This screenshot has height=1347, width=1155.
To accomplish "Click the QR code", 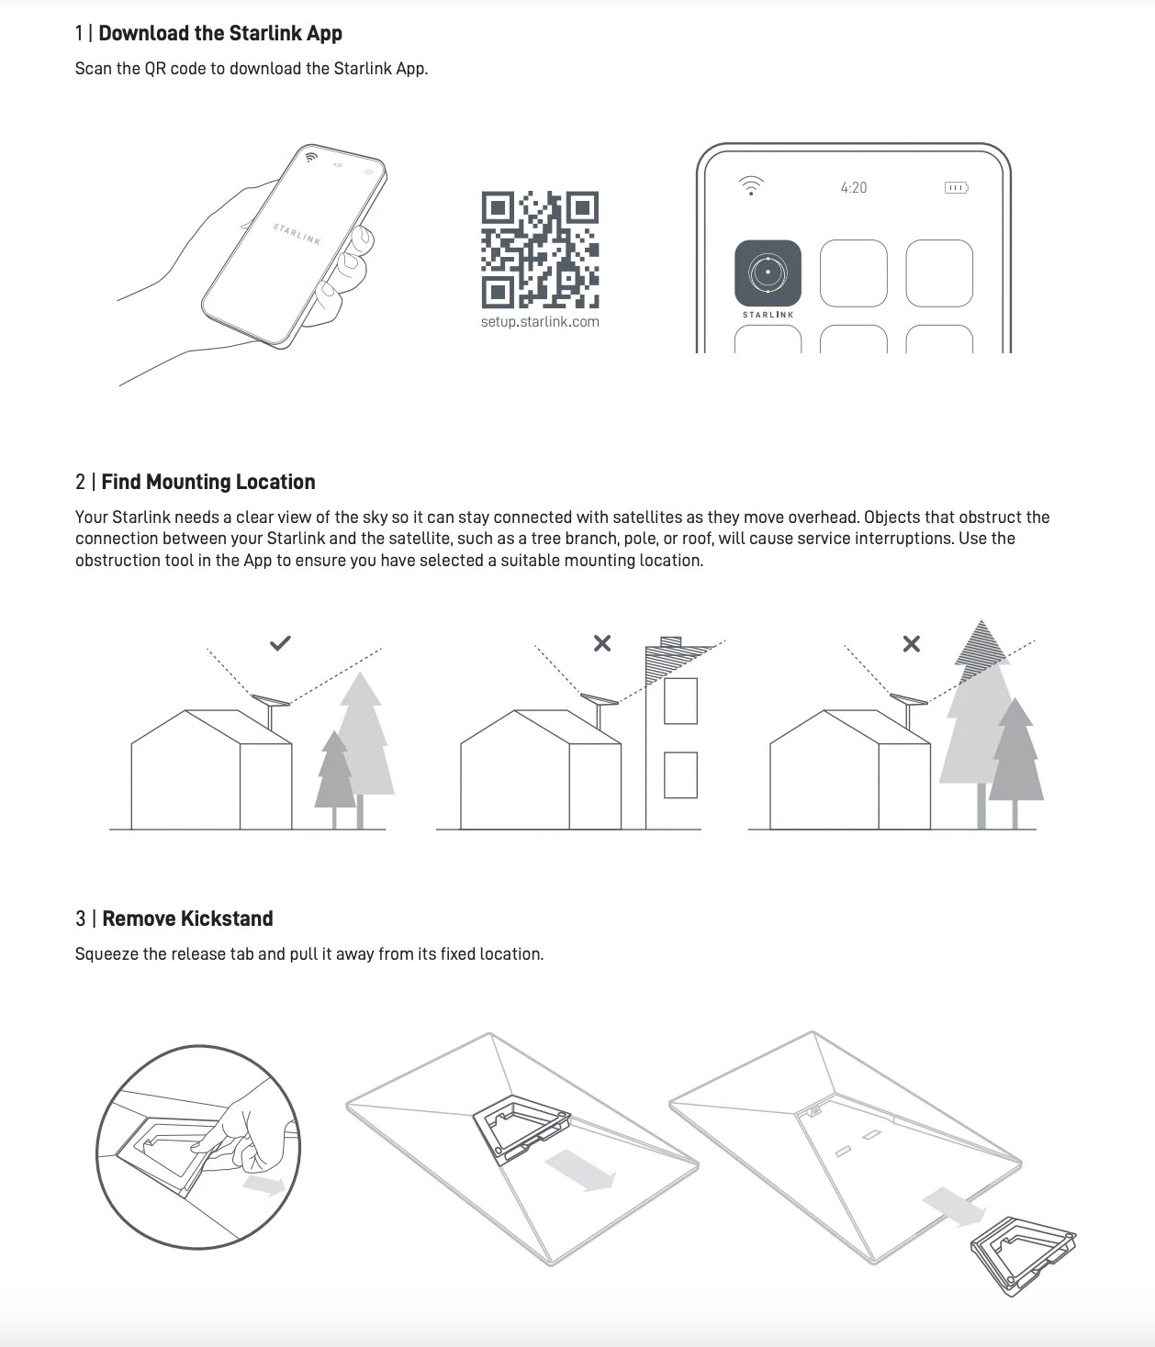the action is (540, 250).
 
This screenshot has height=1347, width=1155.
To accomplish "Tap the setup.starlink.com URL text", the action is (540, 321).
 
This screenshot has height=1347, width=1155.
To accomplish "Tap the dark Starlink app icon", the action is (768, 273).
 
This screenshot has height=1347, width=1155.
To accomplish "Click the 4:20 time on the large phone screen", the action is (854, 188).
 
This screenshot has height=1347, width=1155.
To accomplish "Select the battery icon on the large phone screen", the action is (956, 188).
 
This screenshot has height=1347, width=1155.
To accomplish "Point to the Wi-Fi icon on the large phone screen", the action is (751, 185).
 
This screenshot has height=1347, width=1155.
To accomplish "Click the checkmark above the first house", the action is (280, 643).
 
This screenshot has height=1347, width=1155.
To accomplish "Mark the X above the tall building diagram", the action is (602, 643).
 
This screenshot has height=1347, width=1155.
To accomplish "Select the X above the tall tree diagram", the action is (911, 644).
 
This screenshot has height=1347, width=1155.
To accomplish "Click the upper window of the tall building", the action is (681, 700).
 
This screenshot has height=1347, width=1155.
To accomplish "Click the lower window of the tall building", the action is (681, 774).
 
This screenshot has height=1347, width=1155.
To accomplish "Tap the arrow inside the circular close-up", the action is (264, 1184).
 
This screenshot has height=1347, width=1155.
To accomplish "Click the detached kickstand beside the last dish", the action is (1023, 1253).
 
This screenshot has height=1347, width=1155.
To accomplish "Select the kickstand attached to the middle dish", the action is (521, 1129).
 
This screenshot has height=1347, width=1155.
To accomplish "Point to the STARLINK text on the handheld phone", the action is (297, 234).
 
